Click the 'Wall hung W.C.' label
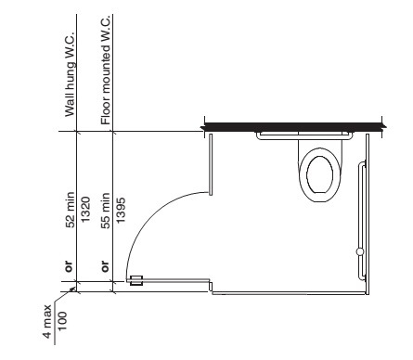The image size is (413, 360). [70, 74]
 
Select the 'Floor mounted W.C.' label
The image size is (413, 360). [106, 71]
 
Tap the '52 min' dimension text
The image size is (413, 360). [71, 210]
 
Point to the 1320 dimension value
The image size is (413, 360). [84, 210]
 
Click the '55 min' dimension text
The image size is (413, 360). [106, 211]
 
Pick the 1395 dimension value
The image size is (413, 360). [121, 210]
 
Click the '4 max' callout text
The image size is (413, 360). [47, 322]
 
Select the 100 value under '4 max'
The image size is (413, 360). [62, 321]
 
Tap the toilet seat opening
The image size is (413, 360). [320, 174]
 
